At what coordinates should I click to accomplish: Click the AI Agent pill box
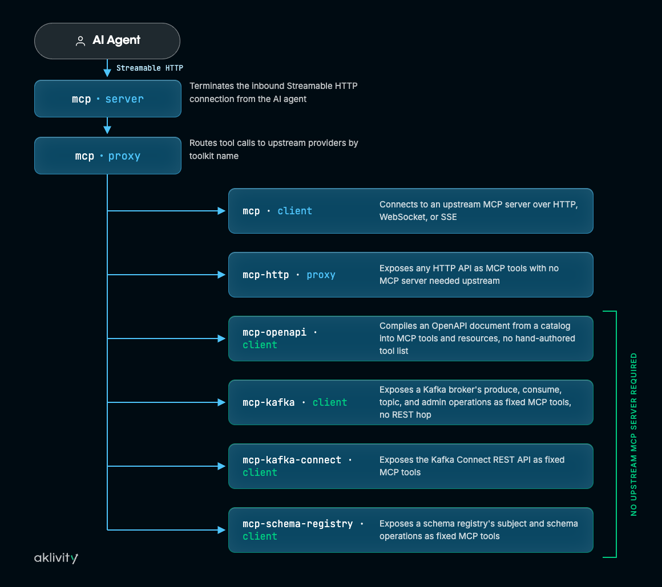point(107,41)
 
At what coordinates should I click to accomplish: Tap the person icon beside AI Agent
point(80,41)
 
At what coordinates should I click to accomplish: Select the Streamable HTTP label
point(150,68)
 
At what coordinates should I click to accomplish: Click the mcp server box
point(108,99)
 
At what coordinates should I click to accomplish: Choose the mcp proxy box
point(108,156)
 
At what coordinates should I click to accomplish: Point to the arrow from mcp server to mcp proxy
point(107,126)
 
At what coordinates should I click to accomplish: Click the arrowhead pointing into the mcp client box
point(221,211)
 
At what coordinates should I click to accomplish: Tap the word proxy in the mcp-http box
point(321,275)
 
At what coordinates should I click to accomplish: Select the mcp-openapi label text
point(275,332)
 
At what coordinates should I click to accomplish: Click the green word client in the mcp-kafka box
point(330,402)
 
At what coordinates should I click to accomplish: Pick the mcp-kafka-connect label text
point(292,460)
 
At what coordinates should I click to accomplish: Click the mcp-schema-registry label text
point(298,524)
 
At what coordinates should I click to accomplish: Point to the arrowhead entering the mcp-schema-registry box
point(221,530)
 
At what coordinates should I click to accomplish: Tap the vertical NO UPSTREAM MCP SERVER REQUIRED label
point(633,434)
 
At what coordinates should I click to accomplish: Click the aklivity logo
point(56,558)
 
